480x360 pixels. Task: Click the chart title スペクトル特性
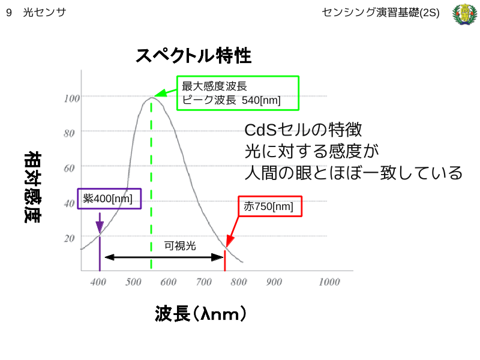click(x=193, y=56)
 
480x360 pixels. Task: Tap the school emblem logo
click(x=464, y=14)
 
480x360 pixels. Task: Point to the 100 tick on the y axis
click(x=71, y=98)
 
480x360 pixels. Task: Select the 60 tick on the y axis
click(x=69, y=168)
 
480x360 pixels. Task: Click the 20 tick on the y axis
click(x=69, y=238)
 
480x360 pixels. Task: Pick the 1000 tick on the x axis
click(x=329, y=282)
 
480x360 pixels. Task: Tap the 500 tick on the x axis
click(x=133, y=282)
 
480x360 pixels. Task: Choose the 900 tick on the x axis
click(x=274, y=282)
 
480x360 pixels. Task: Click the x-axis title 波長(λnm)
click(x=200, y=313)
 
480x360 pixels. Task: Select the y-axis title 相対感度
click(x=32, y=187)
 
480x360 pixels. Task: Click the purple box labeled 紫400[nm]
click(x=109, y=199)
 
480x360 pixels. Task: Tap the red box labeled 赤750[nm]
click(x=270, y=206)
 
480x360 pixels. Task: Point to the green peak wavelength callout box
click(x=238, y=93)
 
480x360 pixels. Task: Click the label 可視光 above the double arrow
click(x=180, y=246)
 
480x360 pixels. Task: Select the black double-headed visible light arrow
click(x=164, y=257)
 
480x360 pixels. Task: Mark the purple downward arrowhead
click(x=100, y=227)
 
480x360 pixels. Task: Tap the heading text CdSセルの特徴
click(x=303, y=130)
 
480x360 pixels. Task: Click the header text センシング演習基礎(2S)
click(x=380, y=13)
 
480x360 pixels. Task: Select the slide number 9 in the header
click(x=9, y=13)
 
